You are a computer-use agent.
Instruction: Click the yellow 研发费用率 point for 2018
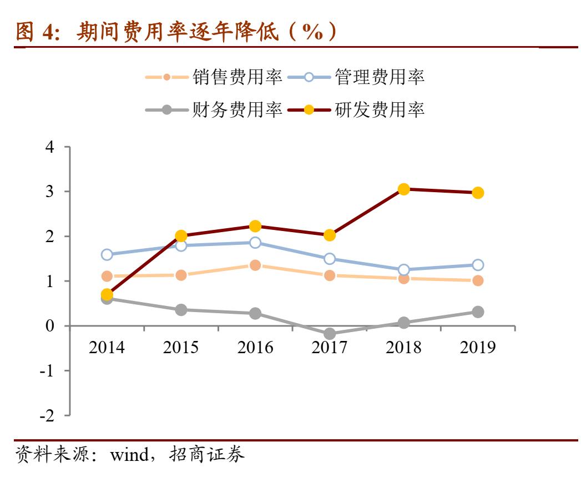tap(403, 189)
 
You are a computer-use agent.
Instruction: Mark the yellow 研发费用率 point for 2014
tap(107, 294)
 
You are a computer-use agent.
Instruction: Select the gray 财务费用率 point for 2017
tap(330, 334)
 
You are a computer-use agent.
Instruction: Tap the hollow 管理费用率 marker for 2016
tap(255, 243)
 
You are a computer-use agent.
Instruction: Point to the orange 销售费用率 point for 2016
tap(255, 265)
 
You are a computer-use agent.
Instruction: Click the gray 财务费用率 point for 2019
tap(477, 312)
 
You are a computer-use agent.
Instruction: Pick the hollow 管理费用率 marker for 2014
tap(107, 255)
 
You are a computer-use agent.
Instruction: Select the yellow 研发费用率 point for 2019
tap(477, 193)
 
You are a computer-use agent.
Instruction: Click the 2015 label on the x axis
tap(181, 348)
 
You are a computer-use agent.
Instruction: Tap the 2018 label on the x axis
tap(403, 348)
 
